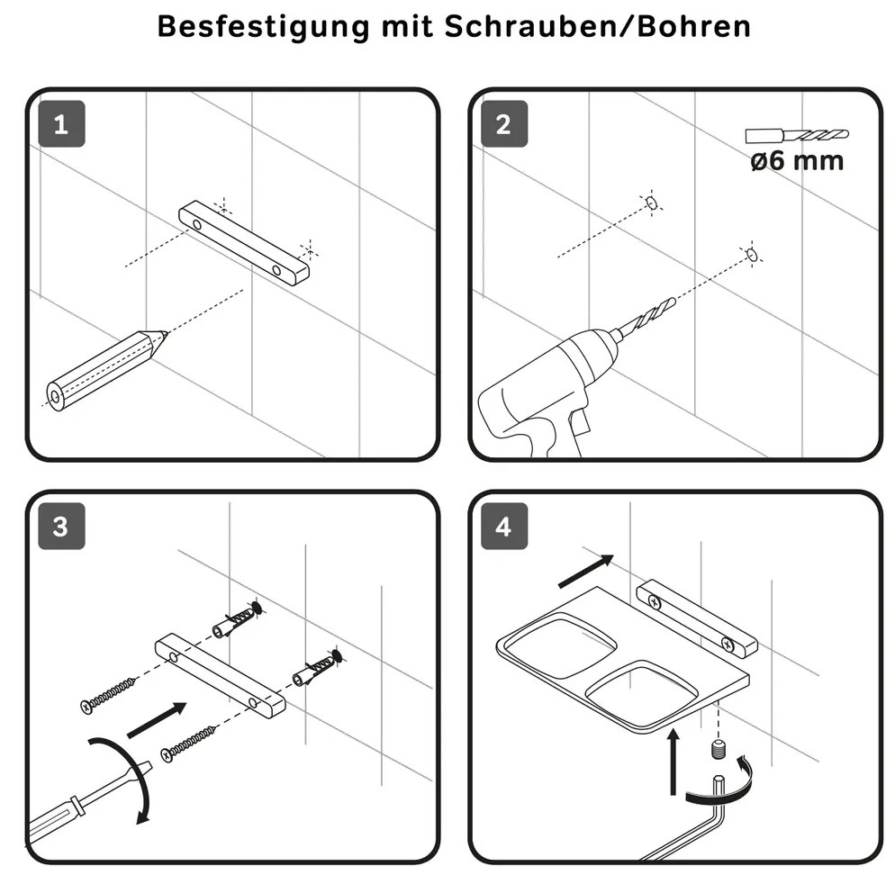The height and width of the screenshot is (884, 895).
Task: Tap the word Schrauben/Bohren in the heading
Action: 598,26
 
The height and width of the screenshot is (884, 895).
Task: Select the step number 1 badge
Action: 61,124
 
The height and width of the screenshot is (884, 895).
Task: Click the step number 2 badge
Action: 504,124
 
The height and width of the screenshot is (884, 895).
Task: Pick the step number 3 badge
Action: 61,527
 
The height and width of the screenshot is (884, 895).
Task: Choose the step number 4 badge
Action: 504,527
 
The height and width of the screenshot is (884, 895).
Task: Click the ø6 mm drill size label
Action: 797,160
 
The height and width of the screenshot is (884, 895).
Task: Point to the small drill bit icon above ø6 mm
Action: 797,136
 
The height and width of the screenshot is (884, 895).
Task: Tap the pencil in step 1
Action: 106,370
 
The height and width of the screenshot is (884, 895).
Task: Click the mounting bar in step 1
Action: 244,242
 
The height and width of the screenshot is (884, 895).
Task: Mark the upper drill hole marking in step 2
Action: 651,203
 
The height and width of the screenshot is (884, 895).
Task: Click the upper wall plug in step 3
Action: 237,619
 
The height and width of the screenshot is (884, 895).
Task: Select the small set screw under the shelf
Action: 719,749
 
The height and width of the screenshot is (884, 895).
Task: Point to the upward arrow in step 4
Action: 674,762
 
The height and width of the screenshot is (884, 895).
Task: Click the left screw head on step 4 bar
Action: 655,602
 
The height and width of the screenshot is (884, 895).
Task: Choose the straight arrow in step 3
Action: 157,719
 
